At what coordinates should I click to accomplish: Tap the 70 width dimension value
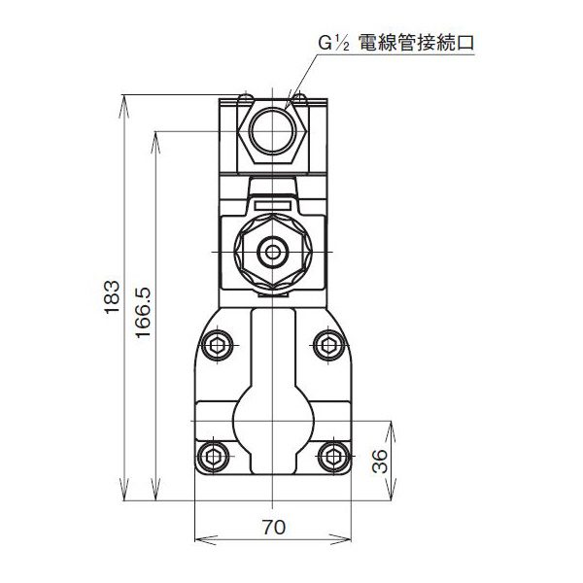[273, 529]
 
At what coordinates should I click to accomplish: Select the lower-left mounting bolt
[215, 456]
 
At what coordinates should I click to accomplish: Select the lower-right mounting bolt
[332, 456]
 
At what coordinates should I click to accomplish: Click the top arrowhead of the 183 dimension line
[126, 100]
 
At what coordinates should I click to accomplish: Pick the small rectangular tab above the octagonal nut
[273, 204]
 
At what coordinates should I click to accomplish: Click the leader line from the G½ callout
[306, 73]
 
